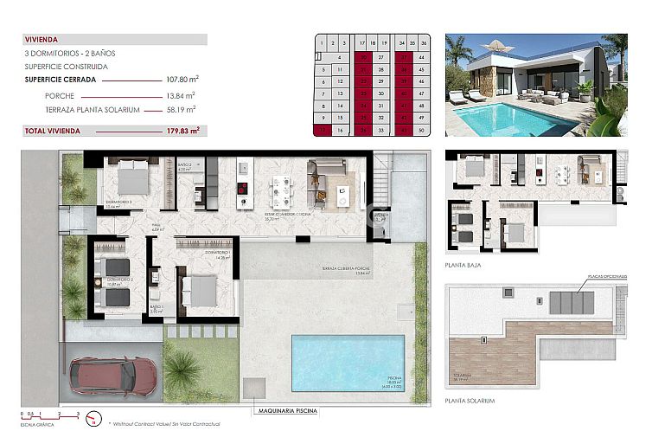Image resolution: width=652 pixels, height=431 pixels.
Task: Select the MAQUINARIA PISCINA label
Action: [x=291, y=411]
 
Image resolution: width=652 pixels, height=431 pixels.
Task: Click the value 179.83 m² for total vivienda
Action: [x=182, y=131]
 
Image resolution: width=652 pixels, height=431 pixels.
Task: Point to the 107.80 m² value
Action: [x=182, y=79]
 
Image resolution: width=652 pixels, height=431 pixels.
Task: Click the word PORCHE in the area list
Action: [x=62, y=95]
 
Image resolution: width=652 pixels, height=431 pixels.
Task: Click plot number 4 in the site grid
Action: [x=342, y=57]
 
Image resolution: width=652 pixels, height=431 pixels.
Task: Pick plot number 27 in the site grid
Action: [x=380, y=57]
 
